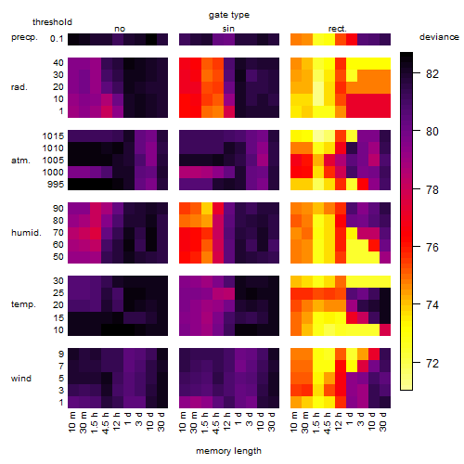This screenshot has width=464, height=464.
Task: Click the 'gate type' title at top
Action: point(229,15)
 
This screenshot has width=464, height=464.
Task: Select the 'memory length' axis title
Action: point(228,451)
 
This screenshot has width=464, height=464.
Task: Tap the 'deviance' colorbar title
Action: point(439,37)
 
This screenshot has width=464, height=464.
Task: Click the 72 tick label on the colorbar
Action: point(432,363)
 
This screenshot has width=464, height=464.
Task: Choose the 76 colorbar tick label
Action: point(432,247)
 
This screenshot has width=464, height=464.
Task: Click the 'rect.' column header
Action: point(338,29)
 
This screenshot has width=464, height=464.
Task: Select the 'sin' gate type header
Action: point(228,29)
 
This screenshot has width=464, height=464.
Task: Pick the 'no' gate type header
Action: point(120,29)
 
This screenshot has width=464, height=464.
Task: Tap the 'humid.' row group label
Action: point(26,232)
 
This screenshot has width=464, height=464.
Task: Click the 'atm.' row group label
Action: point(20,161)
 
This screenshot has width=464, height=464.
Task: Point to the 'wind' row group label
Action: point(21,378)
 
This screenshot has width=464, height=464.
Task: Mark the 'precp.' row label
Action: point(24,37)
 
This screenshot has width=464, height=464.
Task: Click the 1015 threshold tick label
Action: point(53,135)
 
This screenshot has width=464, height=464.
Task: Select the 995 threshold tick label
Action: point(56,184)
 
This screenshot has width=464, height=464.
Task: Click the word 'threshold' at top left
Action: point(52,22)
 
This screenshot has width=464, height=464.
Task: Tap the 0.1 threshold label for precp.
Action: point(57,39)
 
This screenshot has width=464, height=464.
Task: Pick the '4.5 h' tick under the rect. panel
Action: point(327,422)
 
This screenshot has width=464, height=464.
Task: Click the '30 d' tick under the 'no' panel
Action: point(161,421)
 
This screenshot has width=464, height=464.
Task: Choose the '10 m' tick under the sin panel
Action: point(183,421)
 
